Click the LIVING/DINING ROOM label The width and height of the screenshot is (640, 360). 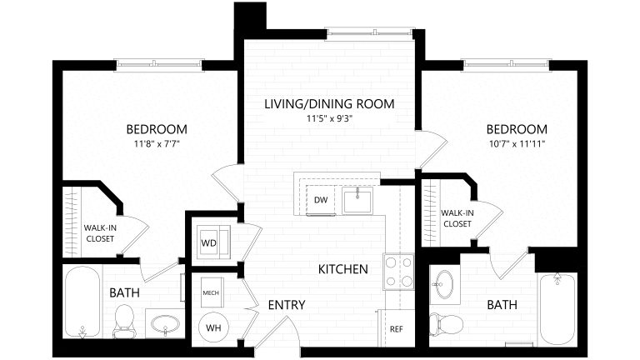pyautogui.click(x=328, y=104)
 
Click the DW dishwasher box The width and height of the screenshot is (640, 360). pyautogui.click(x=321, y=200)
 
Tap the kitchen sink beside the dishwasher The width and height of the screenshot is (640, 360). pyautogui.click(x=359, y=200)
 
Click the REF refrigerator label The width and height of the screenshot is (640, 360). pyautogui.click(x=396, y=328)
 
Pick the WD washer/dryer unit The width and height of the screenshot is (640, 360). pyautogui.click(x=208, y=242)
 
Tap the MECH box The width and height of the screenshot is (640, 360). pyautogui.click(x=211, y=293)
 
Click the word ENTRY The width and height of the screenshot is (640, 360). pyautogui.click(x=286, y=305)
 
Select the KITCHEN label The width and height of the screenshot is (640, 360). pyautogui.click(x=342, y=269)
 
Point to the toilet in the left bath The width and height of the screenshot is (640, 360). pyautogui.click(x=124, y=320)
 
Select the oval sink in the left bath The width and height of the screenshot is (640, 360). pyautogui.click(x=167, y=323)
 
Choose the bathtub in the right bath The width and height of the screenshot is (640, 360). pyautogui.click(x=557, y=308)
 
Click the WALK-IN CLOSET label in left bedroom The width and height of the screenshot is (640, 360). pyautogui.click(x=99, y=232)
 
